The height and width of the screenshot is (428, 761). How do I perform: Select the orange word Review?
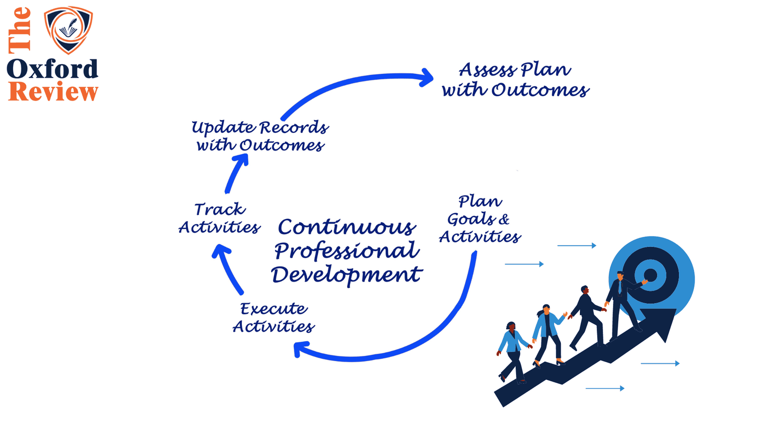pos(53,91)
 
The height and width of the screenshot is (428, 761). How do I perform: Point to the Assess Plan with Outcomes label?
pos(515,79)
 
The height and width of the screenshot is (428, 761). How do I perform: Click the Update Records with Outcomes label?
pos(260,136)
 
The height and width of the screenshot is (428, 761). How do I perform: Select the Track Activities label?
pos(219,218)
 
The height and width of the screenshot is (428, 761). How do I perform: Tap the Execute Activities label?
pos(273,317)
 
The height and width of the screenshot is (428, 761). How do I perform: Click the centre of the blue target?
pos(651,275)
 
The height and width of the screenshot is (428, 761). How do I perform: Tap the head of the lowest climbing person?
pos(510,326)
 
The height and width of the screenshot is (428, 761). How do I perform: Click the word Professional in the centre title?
pos(347,251)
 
